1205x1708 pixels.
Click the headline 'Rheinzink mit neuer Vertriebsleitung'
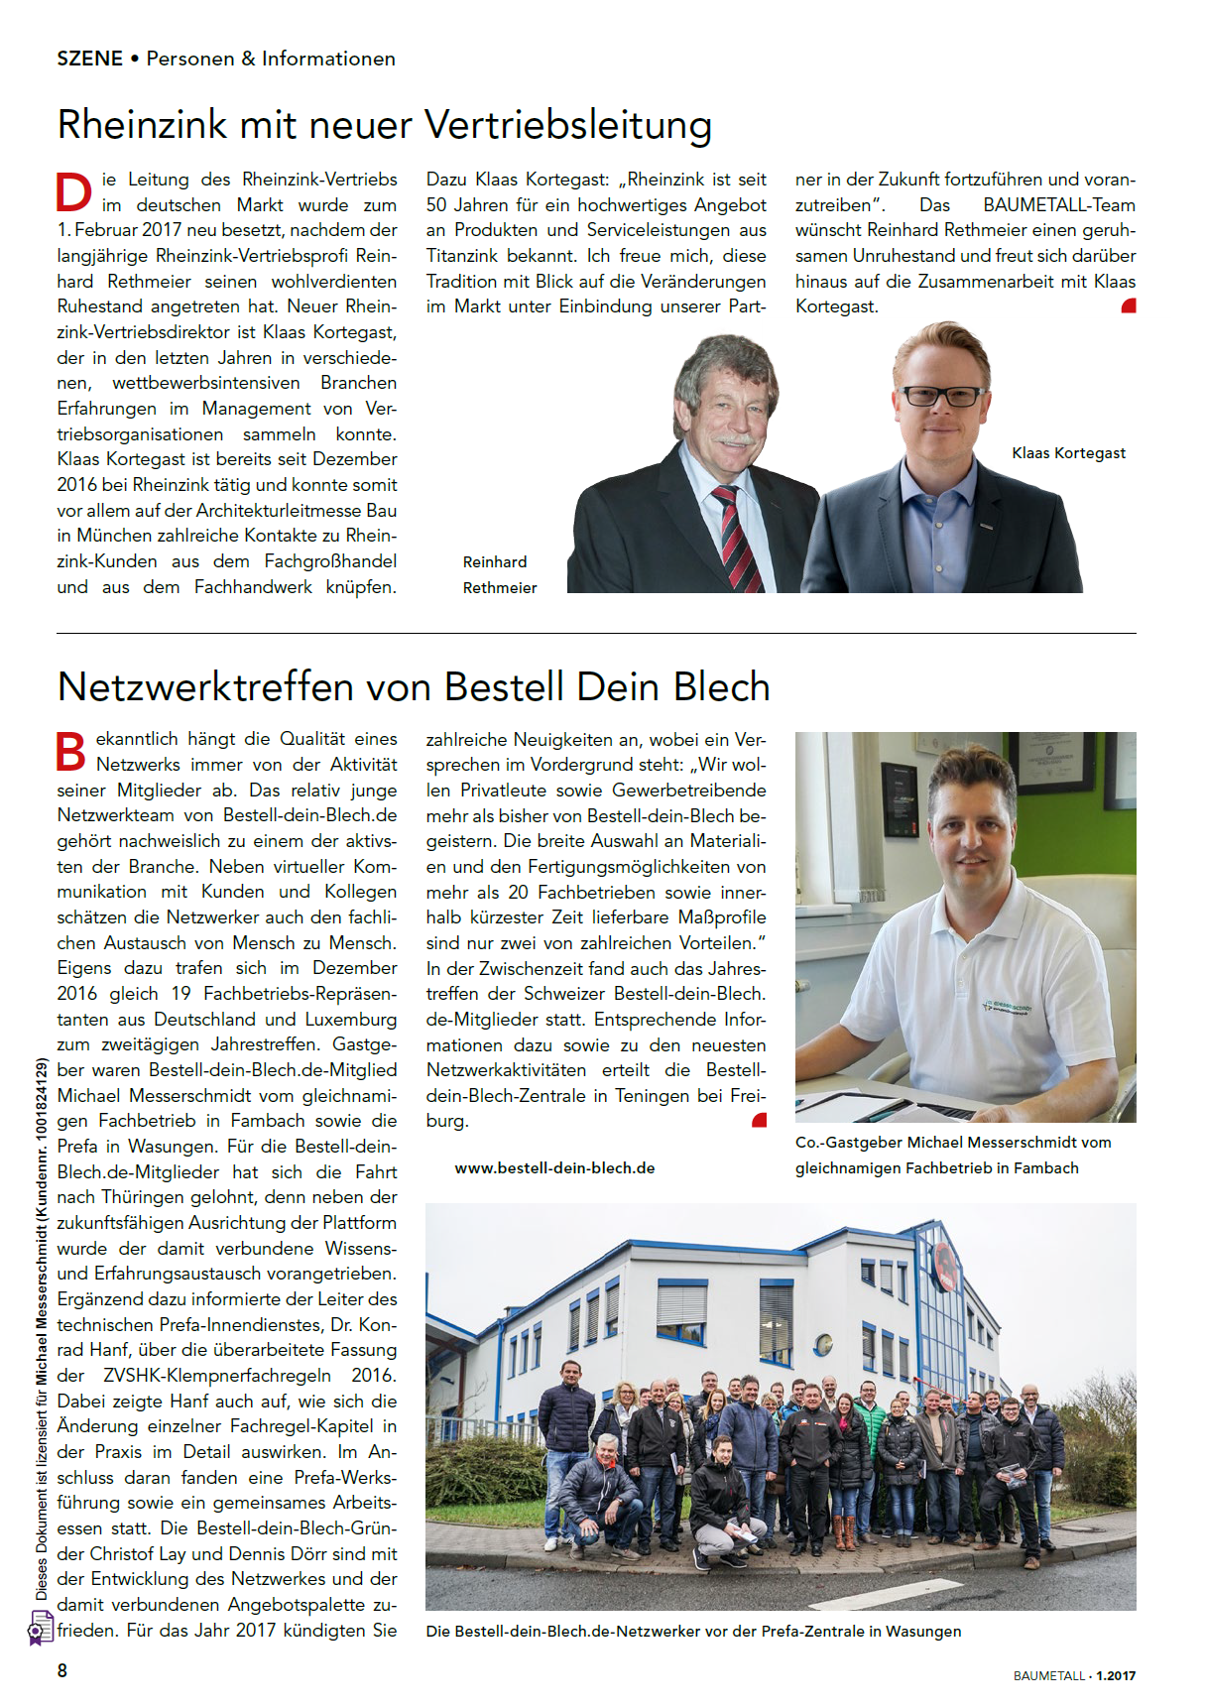385,126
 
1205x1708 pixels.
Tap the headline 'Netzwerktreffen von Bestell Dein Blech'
414,687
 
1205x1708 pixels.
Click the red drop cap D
73,192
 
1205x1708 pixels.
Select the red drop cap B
71,752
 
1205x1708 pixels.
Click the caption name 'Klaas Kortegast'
1068,453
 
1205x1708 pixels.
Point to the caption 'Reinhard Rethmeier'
499,575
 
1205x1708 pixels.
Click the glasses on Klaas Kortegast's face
941,397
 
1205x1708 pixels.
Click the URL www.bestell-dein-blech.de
554,1168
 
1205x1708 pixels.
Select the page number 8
62,1670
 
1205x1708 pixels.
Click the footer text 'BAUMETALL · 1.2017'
1074,1675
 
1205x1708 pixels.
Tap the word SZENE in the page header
89,59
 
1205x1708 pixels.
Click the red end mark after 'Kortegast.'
1129,306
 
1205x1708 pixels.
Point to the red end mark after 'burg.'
760,1121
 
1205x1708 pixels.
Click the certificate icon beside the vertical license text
40,1628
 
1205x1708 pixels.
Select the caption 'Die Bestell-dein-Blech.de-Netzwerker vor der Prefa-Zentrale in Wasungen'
693,1632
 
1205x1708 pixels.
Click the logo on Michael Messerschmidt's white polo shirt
1006,1009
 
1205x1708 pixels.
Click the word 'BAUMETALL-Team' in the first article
1059,205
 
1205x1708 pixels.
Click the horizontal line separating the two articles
596,633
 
